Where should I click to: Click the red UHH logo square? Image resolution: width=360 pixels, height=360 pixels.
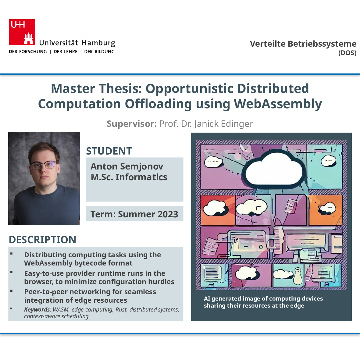[22, 32]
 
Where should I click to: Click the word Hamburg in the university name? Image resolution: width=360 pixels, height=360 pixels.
[98, 43]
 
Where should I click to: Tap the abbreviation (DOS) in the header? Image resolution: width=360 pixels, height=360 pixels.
[347, 53]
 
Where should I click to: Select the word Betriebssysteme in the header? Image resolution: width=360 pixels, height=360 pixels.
[322, 44]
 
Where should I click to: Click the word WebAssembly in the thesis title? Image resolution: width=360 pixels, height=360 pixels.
[278, 104]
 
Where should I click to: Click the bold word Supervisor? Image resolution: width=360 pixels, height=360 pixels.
[132, 124]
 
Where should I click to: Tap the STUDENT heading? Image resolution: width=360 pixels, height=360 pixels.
[109, 151]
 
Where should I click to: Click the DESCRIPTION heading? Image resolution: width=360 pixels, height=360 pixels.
[42, 240]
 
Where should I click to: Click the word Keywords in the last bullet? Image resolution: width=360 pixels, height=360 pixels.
[37, 309]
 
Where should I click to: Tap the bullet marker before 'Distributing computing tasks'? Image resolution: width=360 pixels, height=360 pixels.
[11, 254]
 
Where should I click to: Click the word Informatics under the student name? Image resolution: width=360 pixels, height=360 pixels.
[141, 177]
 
